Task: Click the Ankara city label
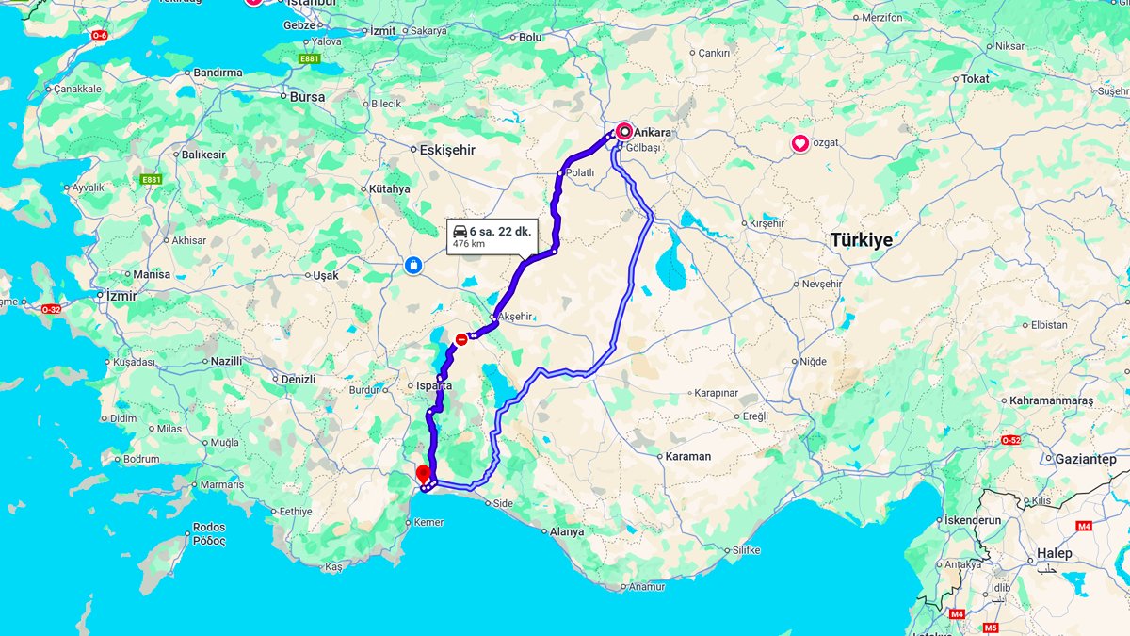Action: (653, 132)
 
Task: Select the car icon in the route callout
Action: (460, 232)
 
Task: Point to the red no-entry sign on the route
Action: (460, 339)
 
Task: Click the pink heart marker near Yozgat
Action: (799, 143)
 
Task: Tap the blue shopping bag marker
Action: (413, 266)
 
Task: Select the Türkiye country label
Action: (861, 240)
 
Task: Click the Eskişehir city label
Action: (447, 150)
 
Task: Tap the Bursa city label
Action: (307, 97)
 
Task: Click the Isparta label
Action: (434, 386)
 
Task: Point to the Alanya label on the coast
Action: (566, 531)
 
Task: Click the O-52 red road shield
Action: (1010, 440)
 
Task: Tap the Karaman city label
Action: (687, 456)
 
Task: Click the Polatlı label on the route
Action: (580, 173)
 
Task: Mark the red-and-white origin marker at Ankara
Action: (623, 132)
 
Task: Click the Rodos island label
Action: (208, 528)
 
